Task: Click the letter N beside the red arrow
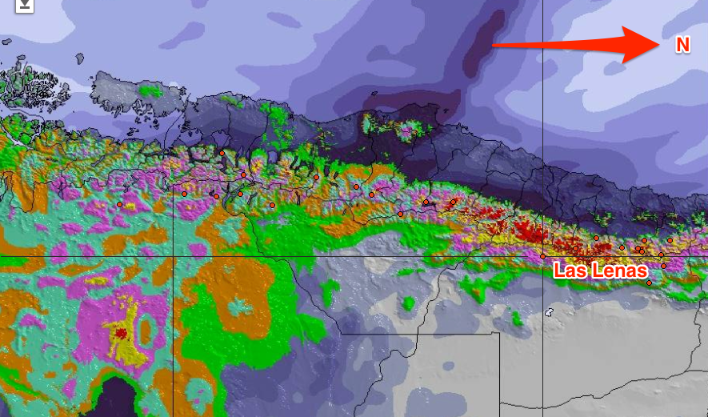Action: [682, 46]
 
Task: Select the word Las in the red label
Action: [570, 271]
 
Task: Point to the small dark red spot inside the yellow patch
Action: [121, 333]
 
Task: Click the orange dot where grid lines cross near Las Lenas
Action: [543, 256]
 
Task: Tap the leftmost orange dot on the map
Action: [119, 204]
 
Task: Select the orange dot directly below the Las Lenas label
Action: [649, 283]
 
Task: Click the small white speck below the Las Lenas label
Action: [548, 312]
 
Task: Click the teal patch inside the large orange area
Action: [238, 306]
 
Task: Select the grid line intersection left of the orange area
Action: [174, 256]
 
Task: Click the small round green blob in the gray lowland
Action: [408, 303]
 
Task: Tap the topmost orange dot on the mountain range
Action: [222, 153]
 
